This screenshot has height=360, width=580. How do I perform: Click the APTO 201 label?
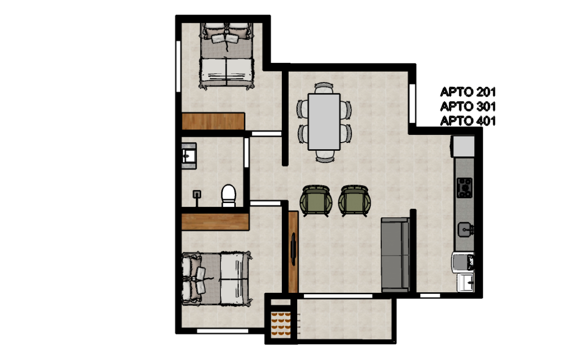(x=468, y=92)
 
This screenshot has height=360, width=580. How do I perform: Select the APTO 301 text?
(x=468, y=106)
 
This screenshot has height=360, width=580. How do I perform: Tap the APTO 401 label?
(x=468, y=121)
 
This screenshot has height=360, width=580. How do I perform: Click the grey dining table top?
(x=324, y=122)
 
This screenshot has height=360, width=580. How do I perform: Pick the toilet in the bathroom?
(x=228, y=195)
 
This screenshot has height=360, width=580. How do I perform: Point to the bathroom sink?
(x=189, y=156)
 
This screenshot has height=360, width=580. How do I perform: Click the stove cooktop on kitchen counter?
(x=464, y=188)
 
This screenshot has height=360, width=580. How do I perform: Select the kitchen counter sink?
(x=465, y=230)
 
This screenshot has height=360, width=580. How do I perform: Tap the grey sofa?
(x=395, y=255)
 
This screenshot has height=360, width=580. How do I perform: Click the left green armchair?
(x=316, y=201)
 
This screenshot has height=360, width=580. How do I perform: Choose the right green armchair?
(x=354, y=201)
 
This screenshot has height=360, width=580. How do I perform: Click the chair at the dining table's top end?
(x=324, y=88)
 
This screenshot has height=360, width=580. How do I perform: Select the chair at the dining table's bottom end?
(x=325, y=156)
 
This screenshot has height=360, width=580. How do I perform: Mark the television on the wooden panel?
(x=293, y=249)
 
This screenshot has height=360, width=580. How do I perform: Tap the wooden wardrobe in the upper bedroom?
(x=213, y=121)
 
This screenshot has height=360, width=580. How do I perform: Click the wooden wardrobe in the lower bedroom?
(x=215, y=222)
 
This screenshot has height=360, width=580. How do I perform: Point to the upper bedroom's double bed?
(x=226, y=56)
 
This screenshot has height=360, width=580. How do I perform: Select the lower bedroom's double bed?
(x=217, y=279)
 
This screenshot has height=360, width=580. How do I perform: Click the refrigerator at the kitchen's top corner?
(x=463, y=146)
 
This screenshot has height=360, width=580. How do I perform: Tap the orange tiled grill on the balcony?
(x=281, y=325)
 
